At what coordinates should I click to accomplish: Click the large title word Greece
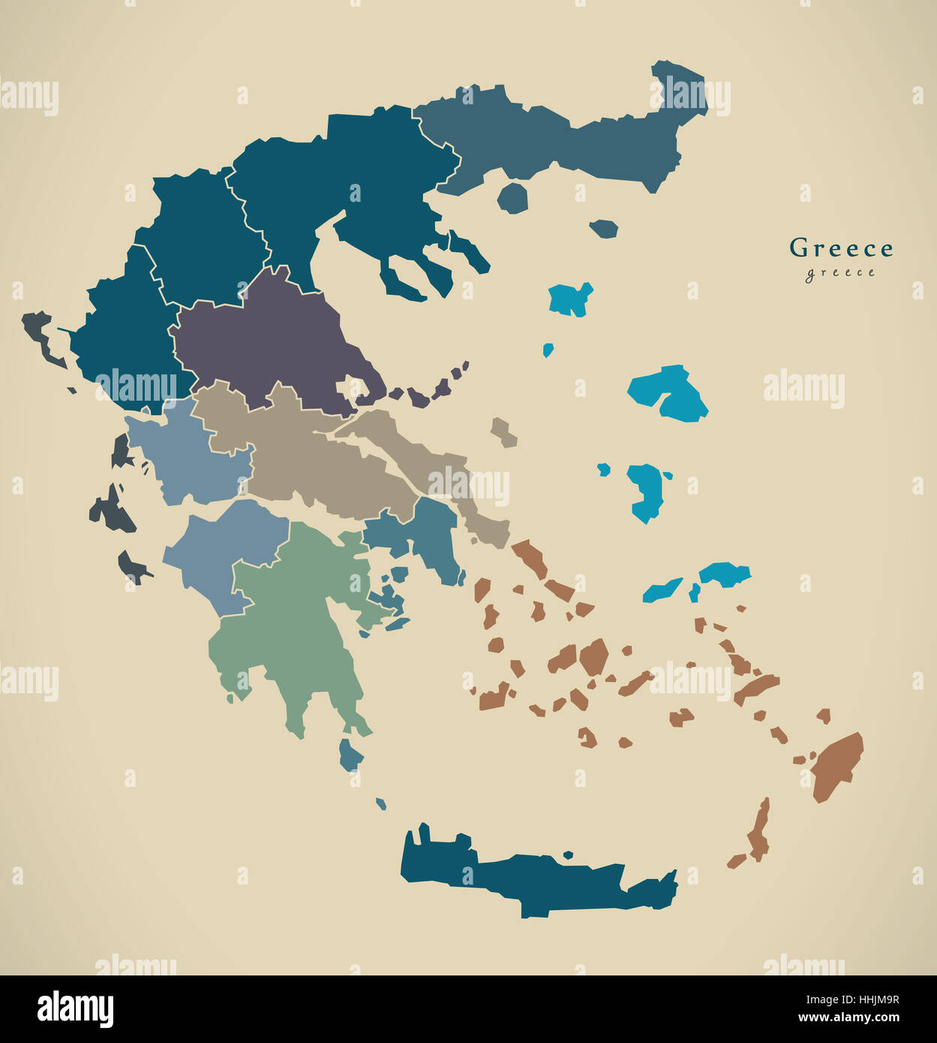coord(841,248)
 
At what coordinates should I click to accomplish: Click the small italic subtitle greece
coord(840,272)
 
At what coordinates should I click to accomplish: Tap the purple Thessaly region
coord(263,338)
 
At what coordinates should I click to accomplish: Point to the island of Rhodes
coord(836,765)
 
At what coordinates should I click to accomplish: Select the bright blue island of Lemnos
coord(570,299)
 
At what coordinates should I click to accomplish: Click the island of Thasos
coord(512,197)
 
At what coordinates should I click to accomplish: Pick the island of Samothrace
coord(603,228)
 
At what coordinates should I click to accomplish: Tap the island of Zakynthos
coord(132,567)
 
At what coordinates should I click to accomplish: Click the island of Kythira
coord(349,754)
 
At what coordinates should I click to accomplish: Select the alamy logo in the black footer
coord(75,1009)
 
